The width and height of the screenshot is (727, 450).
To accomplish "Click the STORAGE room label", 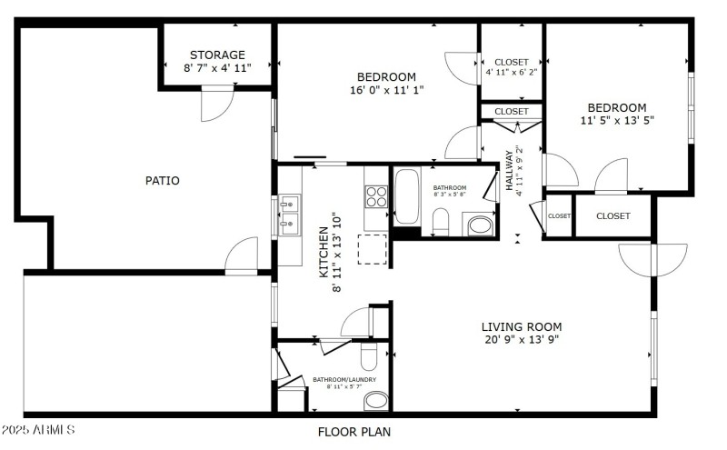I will click(x=216, y=55).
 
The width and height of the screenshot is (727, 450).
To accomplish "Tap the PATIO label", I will click(x=163, y=181).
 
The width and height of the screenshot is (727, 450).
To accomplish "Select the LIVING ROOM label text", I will click(x=522, y=326).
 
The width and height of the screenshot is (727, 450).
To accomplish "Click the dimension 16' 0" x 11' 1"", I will click(x=386, y=90).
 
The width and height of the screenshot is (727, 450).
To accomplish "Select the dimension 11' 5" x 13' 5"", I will click(x=617, y=120).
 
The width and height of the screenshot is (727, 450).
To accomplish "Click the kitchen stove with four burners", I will click(x=376, y=196).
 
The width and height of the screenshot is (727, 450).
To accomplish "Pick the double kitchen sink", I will click(x=290, y=215).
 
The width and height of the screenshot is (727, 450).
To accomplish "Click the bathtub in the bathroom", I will click(x=406, y=195).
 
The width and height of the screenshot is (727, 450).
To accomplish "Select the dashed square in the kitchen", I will click(x=373, y=248).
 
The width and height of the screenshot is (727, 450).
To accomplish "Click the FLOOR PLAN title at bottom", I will click(x=354, y=432).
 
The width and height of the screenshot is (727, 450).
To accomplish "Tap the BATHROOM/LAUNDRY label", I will click(x=344, y=380).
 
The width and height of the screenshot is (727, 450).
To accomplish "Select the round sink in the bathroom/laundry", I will click(x=376, y=399).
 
